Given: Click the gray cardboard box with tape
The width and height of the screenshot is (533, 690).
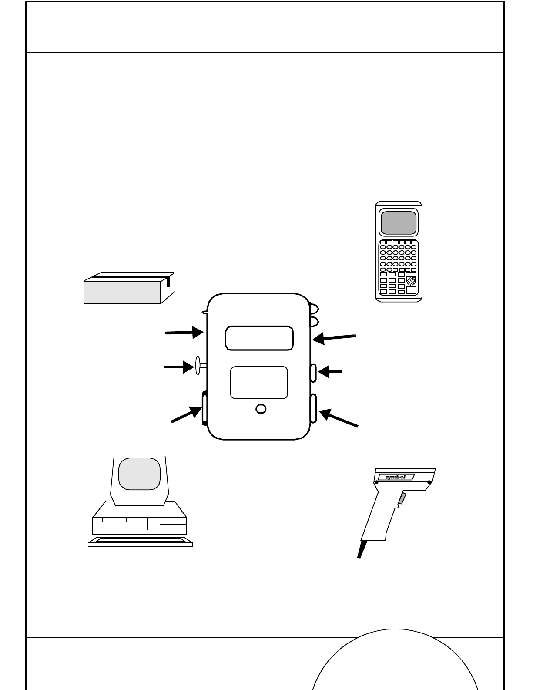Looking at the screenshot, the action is pos(129,288).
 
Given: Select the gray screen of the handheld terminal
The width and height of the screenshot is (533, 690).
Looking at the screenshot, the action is pos(399,222).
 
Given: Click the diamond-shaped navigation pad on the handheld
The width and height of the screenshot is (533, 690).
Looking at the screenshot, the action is pos(411,281).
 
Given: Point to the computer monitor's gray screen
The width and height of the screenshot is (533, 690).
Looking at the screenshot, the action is pos(139,474).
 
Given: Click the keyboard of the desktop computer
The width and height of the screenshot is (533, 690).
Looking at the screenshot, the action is pos(140,542).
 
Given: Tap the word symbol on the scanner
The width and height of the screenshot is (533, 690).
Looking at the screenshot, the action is pos(396,477).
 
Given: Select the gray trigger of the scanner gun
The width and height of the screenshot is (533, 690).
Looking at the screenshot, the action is pos(402,498).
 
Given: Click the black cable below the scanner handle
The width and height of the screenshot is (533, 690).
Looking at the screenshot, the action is pos(362,550).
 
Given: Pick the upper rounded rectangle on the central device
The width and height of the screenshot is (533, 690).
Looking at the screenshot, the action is pos(259,338).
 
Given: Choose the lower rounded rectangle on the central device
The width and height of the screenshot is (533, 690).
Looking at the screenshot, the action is pos(259,382).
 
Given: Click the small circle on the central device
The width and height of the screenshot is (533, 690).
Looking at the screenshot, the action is pos(261,409).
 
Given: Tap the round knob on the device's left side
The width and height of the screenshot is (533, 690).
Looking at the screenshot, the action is pos(198,365).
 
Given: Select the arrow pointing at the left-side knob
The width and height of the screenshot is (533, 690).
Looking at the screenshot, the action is pos(179,367).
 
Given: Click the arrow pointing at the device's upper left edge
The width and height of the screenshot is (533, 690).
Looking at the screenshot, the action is pos(184,333).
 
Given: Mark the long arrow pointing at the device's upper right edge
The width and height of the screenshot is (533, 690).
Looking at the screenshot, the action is pos(334,338).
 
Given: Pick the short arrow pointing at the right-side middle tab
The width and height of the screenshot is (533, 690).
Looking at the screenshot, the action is pos(330,371).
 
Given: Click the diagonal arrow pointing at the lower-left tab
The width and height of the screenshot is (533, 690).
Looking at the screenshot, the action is pos(187,414).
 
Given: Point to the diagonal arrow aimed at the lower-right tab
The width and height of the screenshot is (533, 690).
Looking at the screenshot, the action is pos(338,418).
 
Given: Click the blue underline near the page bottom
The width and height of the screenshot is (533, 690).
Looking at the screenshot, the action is pos(86,686).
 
